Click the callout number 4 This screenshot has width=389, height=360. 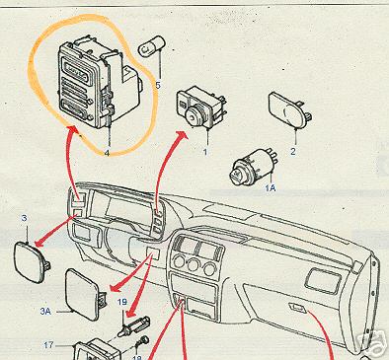click(107, 153)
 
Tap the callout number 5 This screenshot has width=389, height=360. click(158, 85)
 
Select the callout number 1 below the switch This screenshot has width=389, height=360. click(205, 152)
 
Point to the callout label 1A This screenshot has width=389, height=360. click(271, 188)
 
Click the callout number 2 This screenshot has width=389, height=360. click(293, 151)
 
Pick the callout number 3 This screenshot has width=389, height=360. click(25, 218)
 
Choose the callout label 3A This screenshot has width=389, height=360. click(45, 311)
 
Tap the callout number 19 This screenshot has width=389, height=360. click(122, 302)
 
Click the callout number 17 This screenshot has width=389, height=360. click(48, 345)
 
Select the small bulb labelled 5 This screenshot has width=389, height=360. click(152, 48)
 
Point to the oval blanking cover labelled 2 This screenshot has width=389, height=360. click(289, 110)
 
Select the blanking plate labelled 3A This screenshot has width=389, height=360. click(85, 294)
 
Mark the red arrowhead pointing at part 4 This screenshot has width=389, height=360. click(73, 129)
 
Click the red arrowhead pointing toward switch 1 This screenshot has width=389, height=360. click(181, 135)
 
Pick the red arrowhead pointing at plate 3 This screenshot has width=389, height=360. click(39, 243)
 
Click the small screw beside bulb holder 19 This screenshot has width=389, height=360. click(143, 341)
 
